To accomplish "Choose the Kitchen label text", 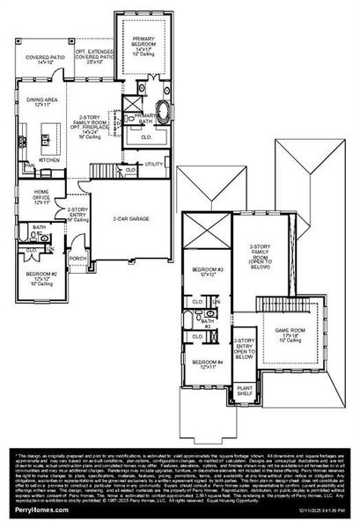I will coord(48,161).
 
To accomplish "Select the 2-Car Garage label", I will coord(129,218).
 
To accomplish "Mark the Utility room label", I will coord(153,164).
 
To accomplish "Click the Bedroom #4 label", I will coord(208,363).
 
